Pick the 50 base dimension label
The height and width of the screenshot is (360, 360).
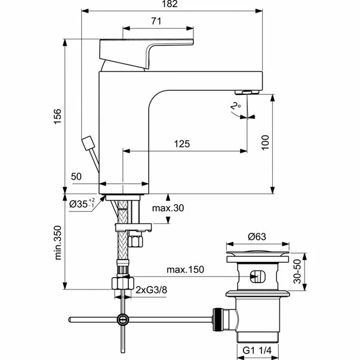click(76, 177)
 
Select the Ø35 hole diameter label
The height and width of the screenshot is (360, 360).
click(80, 204)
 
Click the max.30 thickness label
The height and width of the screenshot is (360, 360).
click(169, 208)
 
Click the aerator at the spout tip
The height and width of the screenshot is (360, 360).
click(246, 92)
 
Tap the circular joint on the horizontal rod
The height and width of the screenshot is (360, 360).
click(123, 319)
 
